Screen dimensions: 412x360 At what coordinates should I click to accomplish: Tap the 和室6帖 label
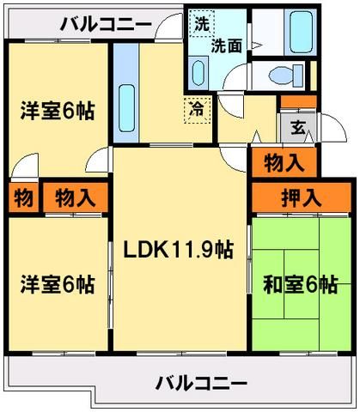(x=301, y=286)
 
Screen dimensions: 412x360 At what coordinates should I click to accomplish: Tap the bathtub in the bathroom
(x=300, y=33)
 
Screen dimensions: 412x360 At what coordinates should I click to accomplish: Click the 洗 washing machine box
(x=201, y=24)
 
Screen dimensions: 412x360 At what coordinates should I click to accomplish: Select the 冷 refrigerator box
(x=197, y=108)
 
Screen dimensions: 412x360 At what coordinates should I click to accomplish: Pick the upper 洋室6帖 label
(x=58, y=110)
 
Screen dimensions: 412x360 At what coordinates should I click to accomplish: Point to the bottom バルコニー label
(x=201, y=382)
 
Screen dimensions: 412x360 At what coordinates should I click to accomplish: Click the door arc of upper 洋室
(x=26, y=166)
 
